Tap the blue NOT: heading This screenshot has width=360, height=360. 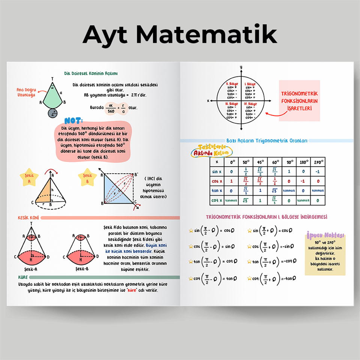(73, 121)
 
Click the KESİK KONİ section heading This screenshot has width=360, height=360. (28, 217)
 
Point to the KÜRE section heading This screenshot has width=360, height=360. (23, 277)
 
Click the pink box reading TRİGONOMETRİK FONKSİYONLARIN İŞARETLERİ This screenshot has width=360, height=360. (299, 100)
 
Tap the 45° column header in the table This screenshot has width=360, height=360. (260, 162)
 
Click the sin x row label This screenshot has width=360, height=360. (216, 172)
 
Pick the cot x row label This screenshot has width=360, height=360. (216, 201)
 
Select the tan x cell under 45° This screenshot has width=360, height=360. (260, 191)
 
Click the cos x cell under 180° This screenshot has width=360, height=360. (303, 181)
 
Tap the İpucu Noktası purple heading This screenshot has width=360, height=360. (325, 235)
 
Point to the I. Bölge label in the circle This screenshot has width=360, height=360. (250, 84)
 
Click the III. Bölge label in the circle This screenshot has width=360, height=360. (231, 104)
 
